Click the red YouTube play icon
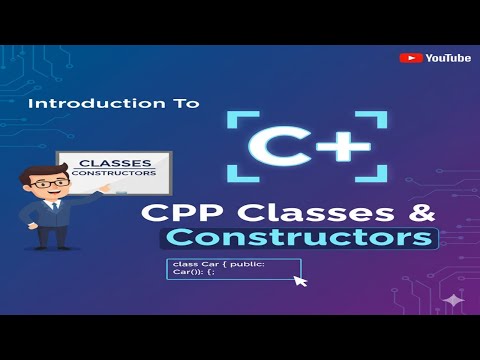coord(410,58)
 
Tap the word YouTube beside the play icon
coord(447,58)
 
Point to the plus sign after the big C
coord(343,148)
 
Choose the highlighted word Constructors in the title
coord(301,238)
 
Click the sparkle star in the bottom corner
coord(454,299)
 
